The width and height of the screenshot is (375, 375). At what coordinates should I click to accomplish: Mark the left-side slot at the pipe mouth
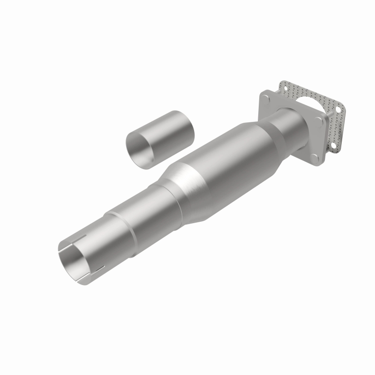point(60,253)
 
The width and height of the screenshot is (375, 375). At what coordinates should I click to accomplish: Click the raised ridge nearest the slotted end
point(110,220)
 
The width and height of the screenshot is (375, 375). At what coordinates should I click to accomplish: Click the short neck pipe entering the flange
point(288,124)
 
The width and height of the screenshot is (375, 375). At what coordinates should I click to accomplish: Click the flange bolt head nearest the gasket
point(321,120)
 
